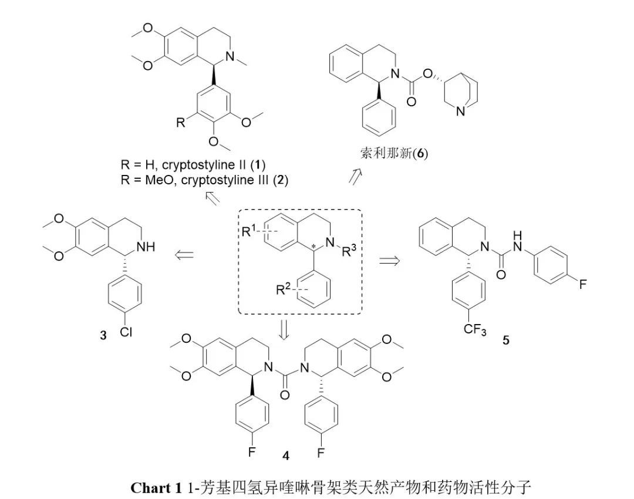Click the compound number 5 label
(x=506, y=339)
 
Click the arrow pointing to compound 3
(x=185, y=254)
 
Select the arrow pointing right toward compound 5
(x=389, y=260)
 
